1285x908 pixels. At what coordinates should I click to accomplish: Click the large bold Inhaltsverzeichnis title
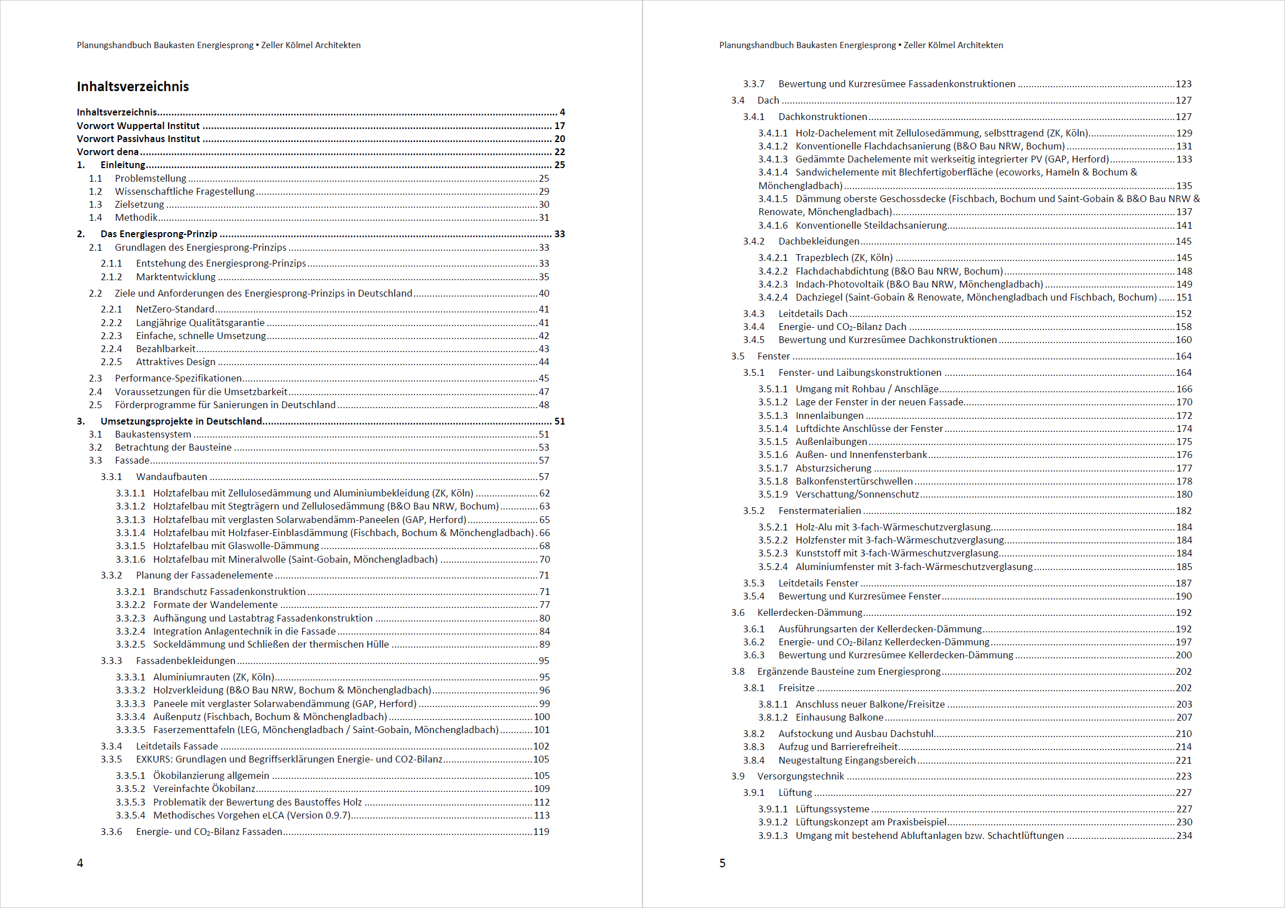[132, 87]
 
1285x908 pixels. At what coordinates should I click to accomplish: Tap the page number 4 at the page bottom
[80, 863]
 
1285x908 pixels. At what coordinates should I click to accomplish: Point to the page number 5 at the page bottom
[722, 863]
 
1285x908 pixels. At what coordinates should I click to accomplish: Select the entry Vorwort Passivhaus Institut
[138, 139]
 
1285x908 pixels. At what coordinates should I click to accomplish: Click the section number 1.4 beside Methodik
[95, 217]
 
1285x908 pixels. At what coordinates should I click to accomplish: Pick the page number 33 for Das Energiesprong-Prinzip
[559, 234]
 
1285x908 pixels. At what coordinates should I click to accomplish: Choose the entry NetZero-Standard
[175, 309]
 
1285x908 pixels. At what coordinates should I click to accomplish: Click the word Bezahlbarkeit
[165, 349]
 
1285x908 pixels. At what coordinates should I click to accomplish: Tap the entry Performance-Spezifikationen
[178, 378]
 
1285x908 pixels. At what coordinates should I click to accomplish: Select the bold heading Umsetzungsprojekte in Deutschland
[181, 421]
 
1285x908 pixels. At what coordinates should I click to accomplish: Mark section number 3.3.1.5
[130, 546]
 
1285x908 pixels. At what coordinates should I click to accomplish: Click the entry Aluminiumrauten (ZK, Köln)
[213, 677]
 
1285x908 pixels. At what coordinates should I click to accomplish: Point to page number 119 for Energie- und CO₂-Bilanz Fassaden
[541, 832]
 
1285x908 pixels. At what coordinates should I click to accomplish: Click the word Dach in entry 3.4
[768, 100]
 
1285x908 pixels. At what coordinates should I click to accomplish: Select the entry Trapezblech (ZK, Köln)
[843, 258]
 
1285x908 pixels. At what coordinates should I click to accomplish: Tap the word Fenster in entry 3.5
[773, 356]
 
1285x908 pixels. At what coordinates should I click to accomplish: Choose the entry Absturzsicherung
[833, 468]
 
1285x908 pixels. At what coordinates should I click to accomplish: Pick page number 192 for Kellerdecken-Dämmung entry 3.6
[1183, 613]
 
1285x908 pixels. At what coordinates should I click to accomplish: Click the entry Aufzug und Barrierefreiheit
[838, 747]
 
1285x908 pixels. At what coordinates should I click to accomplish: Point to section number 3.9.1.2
[773, 822]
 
